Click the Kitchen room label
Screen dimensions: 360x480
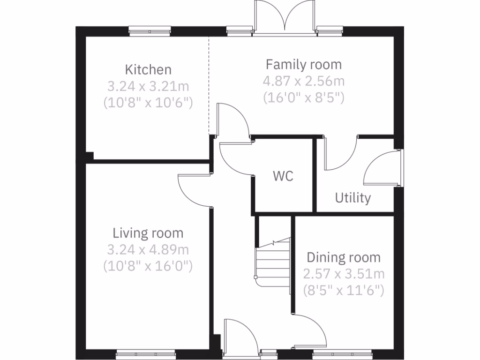tap(148, 70)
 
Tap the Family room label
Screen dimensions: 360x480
tap(304, 64)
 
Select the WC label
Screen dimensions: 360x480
tap(283, 177)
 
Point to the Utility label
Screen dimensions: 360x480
tap(352, 198)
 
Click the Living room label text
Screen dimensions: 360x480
tap(148, 233)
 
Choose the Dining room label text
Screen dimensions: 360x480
tap(344, 257)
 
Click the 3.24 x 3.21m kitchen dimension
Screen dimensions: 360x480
tap(148, 86)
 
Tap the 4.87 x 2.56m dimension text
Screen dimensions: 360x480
tap(304, 81)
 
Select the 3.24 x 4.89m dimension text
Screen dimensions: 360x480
tap(148, 249)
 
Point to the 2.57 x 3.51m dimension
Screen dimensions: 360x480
tap(344, 274)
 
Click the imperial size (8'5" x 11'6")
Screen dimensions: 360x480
tap(344, 290)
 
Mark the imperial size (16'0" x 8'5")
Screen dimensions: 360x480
tap(304, 97)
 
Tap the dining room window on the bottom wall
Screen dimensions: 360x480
tap(343, 354)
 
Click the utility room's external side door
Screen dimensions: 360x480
tap(382, 169)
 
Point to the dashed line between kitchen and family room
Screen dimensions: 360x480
tap(209, 84)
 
